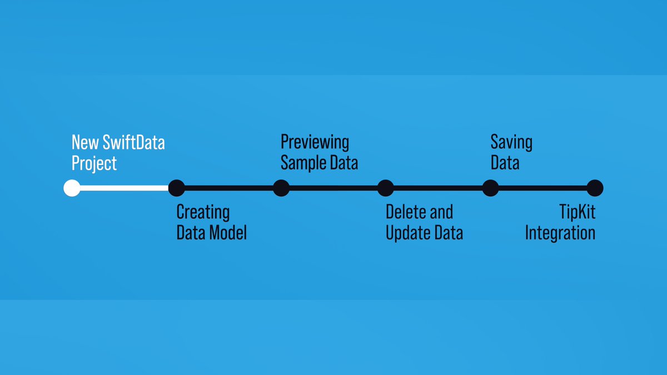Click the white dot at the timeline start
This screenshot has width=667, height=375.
point(72,188)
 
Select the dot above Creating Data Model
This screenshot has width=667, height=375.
point(176,188)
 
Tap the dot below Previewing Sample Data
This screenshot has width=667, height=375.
point(281,188)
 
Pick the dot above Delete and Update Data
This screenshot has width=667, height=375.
point(386,188)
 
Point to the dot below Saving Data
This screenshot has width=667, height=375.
point(490,188)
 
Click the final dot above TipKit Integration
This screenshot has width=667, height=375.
point(595,188)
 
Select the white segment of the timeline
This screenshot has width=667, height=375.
point(124,188)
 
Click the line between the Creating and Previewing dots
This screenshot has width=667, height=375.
point(228,188)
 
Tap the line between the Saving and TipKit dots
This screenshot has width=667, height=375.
point(542,188)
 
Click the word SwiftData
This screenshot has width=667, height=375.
point(133,143)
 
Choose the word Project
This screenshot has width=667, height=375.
point(94,163)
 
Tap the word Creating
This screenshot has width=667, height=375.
point(203,212)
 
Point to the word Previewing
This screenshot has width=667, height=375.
point(315,142)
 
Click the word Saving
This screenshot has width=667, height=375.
point(511,142)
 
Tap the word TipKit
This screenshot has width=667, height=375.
point(578,212)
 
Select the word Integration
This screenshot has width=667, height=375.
point(560,233)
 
